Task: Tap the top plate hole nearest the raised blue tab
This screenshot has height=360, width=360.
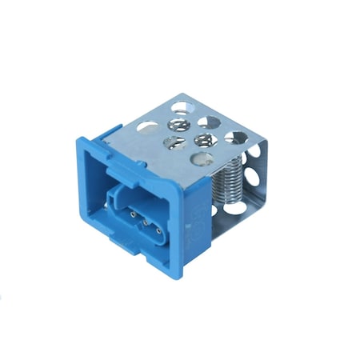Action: (x=148, y=126)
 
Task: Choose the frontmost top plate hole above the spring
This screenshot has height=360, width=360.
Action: (x=201, y=158)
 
